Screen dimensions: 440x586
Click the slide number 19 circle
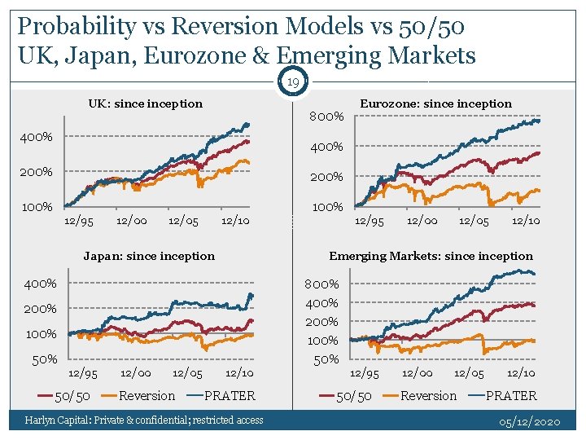coord(294,81)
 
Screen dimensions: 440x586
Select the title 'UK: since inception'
coord(145,103)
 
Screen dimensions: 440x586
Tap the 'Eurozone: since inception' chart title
coord(435,103)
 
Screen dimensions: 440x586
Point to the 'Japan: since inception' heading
coord(149,256)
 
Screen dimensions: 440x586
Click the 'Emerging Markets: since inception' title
coord(431,256)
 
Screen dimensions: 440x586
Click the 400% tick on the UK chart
coord(37,137)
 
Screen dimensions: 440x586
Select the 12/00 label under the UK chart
coord(132,221)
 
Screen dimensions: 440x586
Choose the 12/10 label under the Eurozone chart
coord(525,221)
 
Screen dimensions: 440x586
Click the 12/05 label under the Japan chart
coord(187,373)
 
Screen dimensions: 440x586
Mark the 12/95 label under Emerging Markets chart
coord(364,373)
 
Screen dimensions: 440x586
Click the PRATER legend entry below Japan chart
coord(229,396)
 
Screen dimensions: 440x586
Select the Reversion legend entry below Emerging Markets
coord(428,396)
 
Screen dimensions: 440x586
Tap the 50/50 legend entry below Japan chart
coord(72,396)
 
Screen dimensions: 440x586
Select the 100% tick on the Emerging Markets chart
coord(322,341)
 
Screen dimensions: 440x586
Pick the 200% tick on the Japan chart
coord(40,309)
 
